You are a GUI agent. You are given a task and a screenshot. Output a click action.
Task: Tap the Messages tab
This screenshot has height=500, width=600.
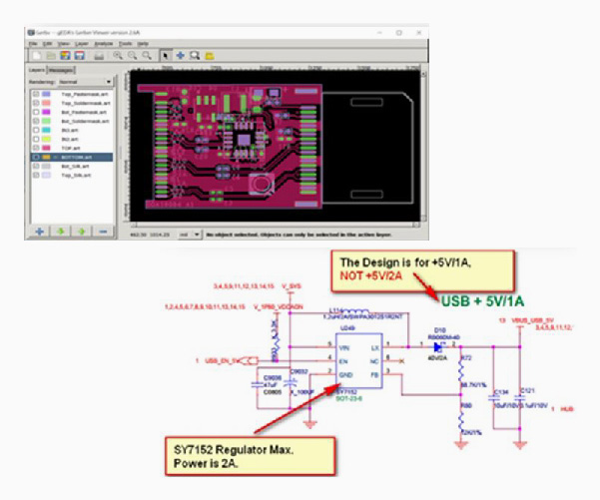tap(63, 71)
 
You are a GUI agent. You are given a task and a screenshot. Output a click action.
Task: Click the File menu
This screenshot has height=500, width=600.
tap(32, 44)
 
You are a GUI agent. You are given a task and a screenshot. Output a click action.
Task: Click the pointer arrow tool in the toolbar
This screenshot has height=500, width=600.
tap(166, 56)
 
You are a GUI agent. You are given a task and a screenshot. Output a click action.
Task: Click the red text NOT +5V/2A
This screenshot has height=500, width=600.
tap(374, 274)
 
